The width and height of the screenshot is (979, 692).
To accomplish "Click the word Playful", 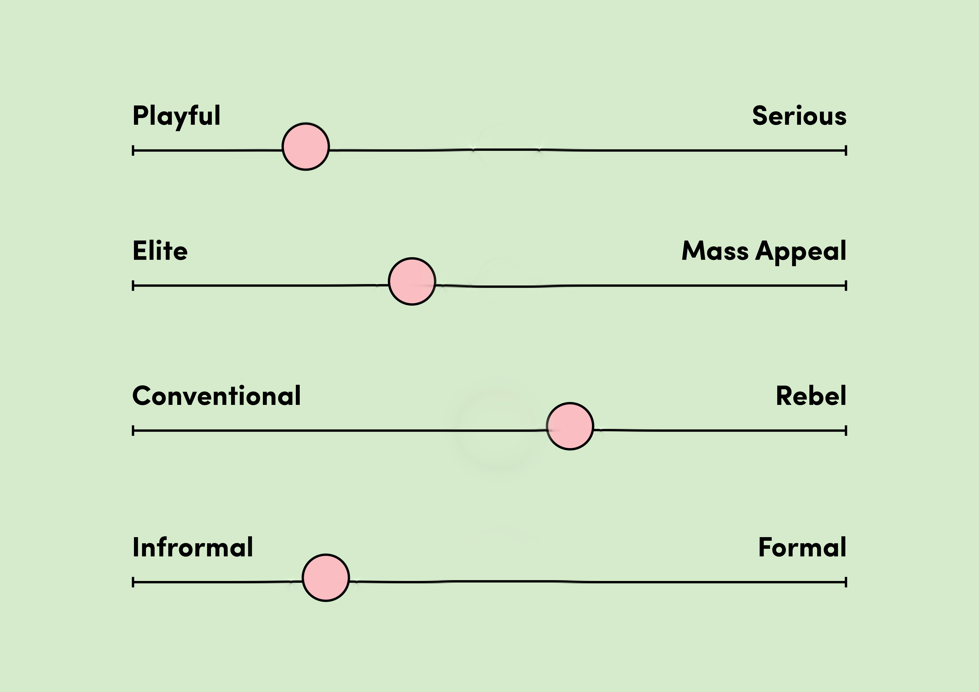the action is point(177,116).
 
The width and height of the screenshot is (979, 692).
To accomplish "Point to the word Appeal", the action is point(801,252).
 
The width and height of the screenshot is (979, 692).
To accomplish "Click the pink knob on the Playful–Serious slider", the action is point(306,147).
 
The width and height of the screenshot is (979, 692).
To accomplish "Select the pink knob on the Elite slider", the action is point(412,282).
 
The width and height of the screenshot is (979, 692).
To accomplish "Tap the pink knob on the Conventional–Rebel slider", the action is point(570,426).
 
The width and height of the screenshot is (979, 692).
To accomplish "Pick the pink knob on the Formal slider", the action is point(326,578).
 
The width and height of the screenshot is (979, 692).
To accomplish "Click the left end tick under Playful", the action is point(133,150).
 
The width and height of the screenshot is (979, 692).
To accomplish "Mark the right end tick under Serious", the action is point(846,150).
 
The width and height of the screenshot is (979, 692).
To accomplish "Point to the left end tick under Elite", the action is point(133,285).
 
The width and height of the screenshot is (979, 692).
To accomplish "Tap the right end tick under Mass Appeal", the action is point(846,285).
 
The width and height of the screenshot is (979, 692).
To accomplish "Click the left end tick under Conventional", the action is point(133,431).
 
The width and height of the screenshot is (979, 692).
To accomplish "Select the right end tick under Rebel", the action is point(846,431).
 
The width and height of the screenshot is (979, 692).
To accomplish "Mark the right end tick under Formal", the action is point(846,582).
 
